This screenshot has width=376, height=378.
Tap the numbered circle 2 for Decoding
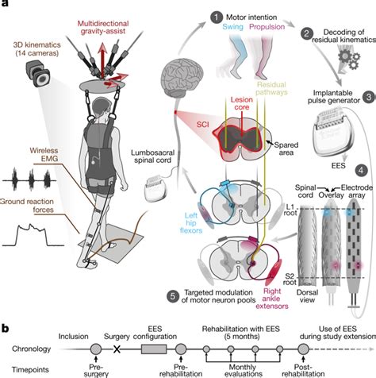point(306,33)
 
